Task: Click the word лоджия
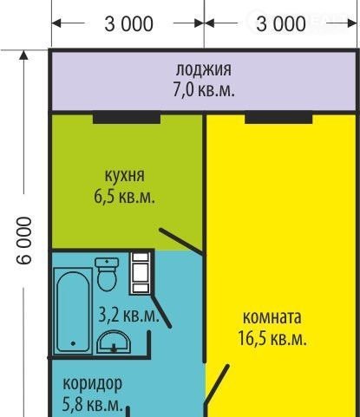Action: point(204,70)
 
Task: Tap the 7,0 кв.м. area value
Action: point(204,89)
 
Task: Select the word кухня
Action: point(124,175)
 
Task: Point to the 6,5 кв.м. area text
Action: point(124,197)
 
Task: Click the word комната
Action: point(272,317)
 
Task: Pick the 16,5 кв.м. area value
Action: point(272,338)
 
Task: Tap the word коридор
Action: point(93,384)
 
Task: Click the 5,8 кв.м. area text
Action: point(93,405)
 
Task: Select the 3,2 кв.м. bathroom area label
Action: point(128,315)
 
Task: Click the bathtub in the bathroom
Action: point(73,310)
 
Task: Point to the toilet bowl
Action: point(107,274)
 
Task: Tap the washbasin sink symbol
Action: point(114,342)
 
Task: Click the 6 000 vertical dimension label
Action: point(23,240)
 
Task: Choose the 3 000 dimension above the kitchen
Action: point(128,23)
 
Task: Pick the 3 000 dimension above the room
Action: point(281,23)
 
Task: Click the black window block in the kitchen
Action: point(127,118)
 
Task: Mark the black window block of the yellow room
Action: point(278,118)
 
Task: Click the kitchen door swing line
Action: point(181,241)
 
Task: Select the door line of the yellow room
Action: point(217,383)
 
